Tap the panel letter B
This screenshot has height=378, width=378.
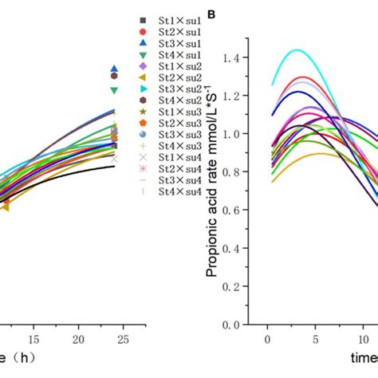211,15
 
